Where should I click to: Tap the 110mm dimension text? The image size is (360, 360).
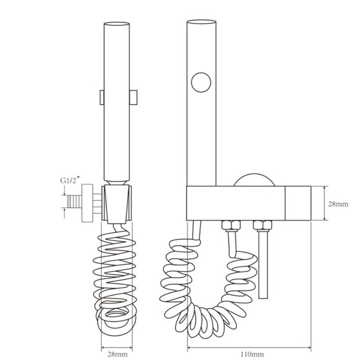252,354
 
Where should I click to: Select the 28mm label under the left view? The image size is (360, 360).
117,354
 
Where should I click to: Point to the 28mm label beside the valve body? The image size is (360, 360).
338,204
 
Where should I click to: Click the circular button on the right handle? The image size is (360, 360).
201,82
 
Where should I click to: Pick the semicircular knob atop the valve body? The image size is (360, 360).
254,180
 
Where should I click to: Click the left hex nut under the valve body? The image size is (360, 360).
231,225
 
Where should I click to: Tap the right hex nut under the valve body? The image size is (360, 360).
263,225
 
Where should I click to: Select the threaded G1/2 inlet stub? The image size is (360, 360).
75,202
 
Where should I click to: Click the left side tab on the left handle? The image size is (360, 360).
102,98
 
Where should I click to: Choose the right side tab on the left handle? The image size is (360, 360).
133,98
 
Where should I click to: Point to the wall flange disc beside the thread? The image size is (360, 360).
87,203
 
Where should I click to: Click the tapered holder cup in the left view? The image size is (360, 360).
117,204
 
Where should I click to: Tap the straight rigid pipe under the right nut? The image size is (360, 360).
263,265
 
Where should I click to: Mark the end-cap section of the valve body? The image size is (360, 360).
298,203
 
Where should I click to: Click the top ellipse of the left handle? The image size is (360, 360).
117,23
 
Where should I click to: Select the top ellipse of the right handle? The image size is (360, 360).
201,22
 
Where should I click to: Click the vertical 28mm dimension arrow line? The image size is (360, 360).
324,203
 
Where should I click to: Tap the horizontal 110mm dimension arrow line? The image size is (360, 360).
249,347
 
